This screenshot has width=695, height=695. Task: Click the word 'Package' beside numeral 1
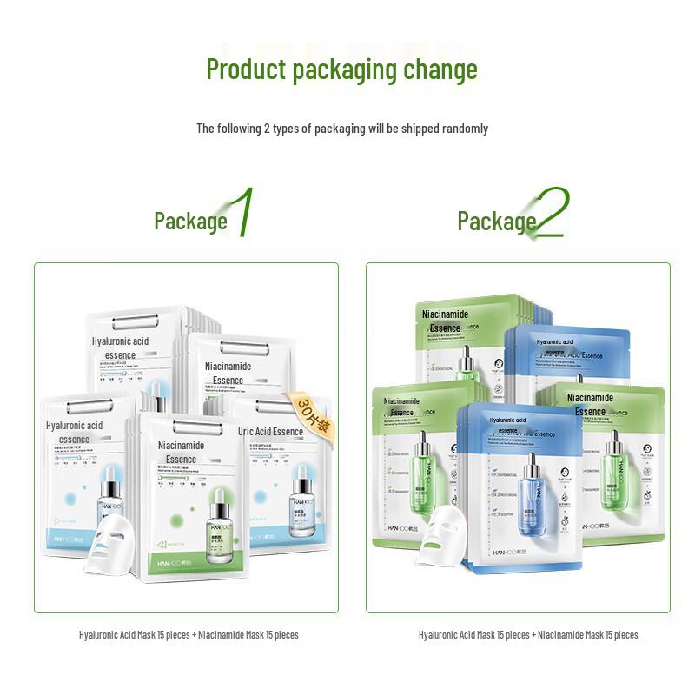point(190,222)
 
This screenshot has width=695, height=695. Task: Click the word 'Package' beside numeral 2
point(496,222)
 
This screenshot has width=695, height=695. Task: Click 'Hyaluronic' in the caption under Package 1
point(100,635)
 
